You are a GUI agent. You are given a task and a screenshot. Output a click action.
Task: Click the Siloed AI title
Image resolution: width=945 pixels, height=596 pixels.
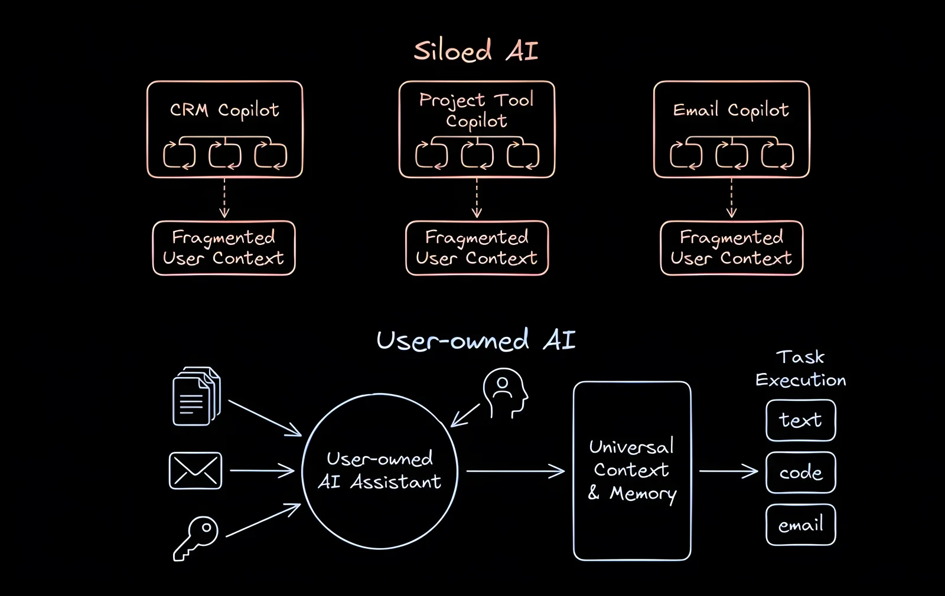click(475, 51)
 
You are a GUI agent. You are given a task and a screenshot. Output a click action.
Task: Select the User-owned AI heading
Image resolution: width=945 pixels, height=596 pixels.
click(475, 340)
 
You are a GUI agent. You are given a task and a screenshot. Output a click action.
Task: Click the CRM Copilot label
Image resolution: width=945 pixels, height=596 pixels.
click(224, 110)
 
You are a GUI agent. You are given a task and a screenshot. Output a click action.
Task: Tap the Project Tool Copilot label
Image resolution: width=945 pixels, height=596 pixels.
click(477, 110)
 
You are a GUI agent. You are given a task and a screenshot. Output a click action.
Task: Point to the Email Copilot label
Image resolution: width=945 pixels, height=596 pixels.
click(731, 110)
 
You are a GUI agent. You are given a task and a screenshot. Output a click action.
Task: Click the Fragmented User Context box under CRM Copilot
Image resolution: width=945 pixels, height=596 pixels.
click(224, 248)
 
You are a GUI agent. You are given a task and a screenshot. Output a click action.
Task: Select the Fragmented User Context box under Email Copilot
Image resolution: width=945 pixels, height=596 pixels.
click(731, 248)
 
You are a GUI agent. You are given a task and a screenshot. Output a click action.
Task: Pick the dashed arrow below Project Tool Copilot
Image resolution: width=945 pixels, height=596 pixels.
click(477, 198)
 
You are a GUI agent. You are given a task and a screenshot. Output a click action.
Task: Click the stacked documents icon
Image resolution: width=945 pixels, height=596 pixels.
click(196, 396)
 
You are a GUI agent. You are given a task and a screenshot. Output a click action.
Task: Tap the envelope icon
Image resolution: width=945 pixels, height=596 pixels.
click(195, 471)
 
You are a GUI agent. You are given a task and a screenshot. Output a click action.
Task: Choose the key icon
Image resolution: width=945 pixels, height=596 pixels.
click(195, 538)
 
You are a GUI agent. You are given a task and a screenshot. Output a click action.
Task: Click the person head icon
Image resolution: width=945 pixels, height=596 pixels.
click(504, 393)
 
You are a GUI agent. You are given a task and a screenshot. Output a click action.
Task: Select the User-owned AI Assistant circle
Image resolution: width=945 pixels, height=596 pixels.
click(380, 471)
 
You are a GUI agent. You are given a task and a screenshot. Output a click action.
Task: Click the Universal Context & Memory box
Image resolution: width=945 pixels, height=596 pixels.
click(632, 470)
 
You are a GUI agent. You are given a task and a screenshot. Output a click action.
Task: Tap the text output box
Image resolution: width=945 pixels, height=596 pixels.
click(800, 420)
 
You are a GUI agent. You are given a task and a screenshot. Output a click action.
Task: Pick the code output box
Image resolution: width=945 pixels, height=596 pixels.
click(800, 472)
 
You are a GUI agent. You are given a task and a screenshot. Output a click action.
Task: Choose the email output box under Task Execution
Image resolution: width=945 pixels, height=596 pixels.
click(800, 525)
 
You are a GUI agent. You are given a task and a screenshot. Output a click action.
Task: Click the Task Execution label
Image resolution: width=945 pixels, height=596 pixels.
click(800, 368)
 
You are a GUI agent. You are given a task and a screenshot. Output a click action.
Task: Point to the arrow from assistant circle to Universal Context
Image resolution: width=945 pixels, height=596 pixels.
click(515, 471)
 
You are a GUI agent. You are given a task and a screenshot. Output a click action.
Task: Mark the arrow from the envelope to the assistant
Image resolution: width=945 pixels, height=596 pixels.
click(262, 471)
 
